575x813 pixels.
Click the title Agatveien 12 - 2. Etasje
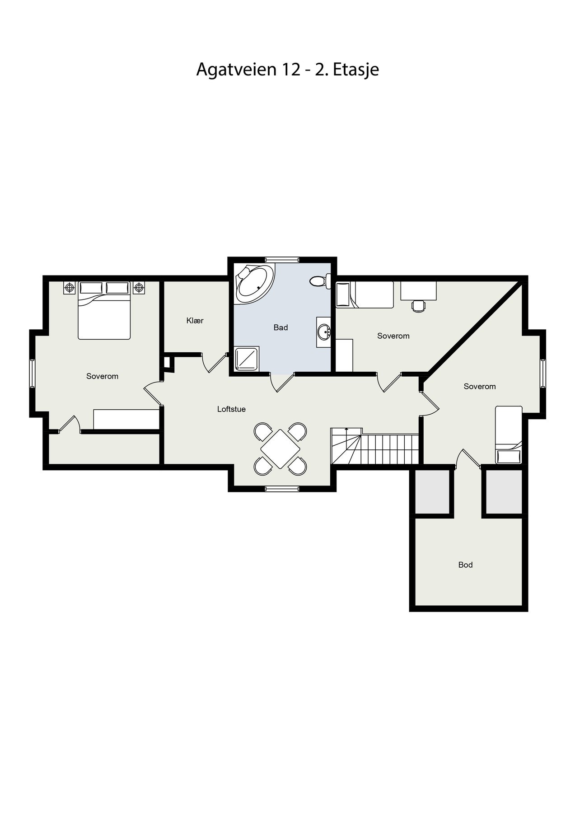pos(287,70)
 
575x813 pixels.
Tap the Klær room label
pos(195,321)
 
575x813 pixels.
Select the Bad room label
pos(280,327)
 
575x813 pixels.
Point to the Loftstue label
pos(231,409)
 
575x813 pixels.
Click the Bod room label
pos(465,565)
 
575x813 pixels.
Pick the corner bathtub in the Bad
pos(254,284)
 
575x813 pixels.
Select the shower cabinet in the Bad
pos(247,359)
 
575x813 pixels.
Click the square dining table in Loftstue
pos(280,449)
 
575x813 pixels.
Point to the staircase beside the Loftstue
pos(375,448)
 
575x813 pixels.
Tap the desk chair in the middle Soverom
pos(418,306)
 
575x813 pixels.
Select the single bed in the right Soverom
pos(509,435)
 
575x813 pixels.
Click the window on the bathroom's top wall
pos(282,260)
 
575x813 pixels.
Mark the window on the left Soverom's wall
pos(33,373)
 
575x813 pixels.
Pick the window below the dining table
pos(282,488)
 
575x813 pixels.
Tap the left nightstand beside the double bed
pos(70,287)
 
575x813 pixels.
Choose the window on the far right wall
pos(543,373)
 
